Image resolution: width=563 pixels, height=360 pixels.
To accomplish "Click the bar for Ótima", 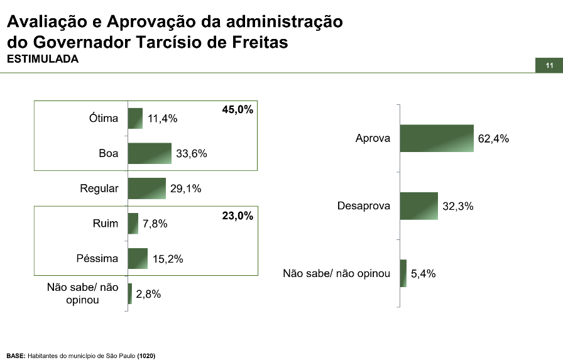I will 135,118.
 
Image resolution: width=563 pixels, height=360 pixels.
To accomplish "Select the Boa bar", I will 150,153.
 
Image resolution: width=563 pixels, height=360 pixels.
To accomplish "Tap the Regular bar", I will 146,188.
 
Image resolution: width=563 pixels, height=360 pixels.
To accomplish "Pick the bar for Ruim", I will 133,224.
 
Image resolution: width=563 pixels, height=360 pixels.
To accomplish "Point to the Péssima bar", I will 138,258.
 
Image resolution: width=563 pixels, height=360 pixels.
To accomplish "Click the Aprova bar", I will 437,138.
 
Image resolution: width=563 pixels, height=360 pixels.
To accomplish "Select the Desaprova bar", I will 418,206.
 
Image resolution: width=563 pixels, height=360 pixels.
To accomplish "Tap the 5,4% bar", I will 403,273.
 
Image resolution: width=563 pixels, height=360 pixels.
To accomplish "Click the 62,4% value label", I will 493,139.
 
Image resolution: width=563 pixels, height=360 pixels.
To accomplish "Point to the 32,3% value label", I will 458,206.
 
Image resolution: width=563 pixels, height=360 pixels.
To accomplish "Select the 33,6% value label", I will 192,154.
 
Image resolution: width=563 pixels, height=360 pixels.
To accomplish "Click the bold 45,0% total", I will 238,110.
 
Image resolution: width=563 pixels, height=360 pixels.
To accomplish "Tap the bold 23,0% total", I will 238,216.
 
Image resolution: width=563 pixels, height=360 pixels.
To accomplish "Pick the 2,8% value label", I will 149,294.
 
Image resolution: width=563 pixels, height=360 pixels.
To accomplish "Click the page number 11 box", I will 549,66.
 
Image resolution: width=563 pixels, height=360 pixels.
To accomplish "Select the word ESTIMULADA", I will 42,59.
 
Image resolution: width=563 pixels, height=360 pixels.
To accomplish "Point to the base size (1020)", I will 146,356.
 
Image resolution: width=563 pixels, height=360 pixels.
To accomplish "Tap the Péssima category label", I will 97,258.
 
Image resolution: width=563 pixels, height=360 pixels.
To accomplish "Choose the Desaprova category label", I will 364,206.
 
